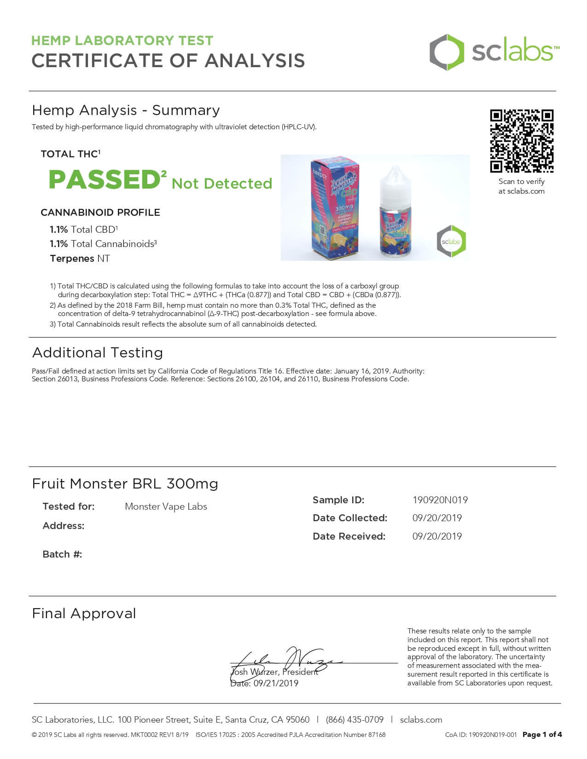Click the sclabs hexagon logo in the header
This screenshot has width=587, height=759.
[446, 52]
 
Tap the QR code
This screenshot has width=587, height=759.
[521, 141]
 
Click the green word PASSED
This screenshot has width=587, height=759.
[105, 179]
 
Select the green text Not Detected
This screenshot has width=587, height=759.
[222, 184]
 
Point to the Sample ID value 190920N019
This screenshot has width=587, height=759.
[440, 500]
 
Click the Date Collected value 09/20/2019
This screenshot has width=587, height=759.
[437, 518]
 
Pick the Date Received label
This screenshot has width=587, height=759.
[349, 536]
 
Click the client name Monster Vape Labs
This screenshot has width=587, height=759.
[166, 506]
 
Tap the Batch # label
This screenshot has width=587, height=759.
[62, 554]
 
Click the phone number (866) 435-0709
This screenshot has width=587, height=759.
[355, 720]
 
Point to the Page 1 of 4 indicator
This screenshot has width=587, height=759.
[542, 735]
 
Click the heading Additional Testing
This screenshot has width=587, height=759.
[98, 353]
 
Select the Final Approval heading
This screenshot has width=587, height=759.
[84, 614]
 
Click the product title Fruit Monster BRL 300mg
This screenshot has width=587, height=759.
[125, 484]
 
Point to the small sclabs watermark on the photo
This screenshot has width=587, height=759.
[451, 241]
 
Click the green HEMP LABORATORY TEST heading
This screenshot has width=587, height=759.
[122, 40]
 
